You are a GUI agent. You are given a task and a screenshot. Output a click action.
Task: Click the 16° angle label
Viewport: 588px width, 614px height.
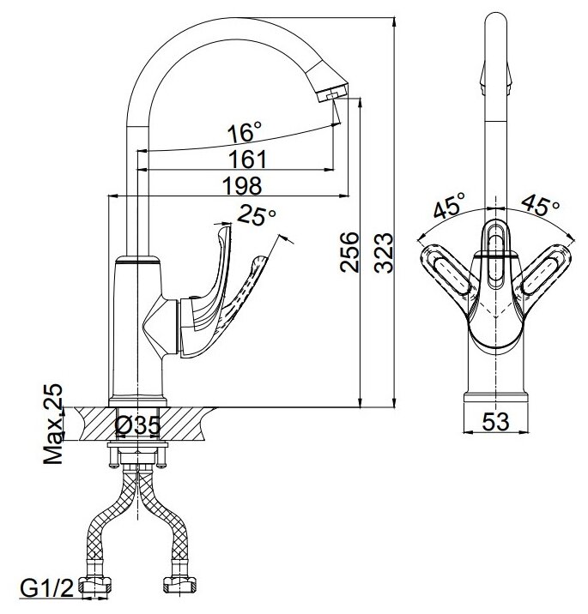[244, 133]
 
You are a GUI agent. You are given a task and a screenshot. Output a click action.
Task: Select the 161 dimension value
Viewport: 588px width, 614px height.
[249, 160]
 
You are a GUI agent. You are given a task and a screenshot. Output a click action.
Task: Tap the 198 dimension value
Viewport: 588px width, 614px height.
[244, 184]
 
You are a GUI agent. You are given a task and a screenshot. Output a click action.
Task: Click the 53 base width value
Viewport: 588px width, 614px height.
[495, 422]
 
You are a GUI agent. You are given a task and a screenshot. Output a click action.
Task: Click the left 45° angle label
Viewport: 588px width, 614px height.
[448, 207]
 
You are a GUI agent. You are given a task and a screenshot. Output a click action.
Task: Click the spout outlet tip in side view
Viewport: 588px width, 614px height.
[330, 95]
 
